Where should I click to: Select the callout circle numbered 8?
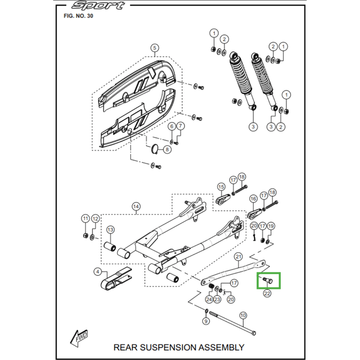click(x=167, y=149)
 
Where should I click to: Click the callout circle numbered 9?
click(x=206, y=322)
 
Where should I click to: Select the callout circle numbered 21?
click(x=239, y=256)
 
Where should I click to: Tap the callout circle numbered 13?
click(x=110, y=230)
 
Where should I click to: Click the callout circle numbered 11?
click(x=85, y=219)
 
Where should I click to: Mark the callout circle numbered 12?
click(x=95, y=219)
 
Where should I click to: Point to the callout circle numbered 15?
click(x=221, y=186)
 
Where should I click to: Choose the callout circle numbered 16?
click(x=253, y=198)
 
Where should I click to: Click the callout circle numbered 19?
click(x=271, y=226)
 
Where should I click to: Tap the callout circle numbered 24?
click(x=209, y=299)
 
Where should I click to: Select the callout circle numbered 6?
click(x=171, y=127)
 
